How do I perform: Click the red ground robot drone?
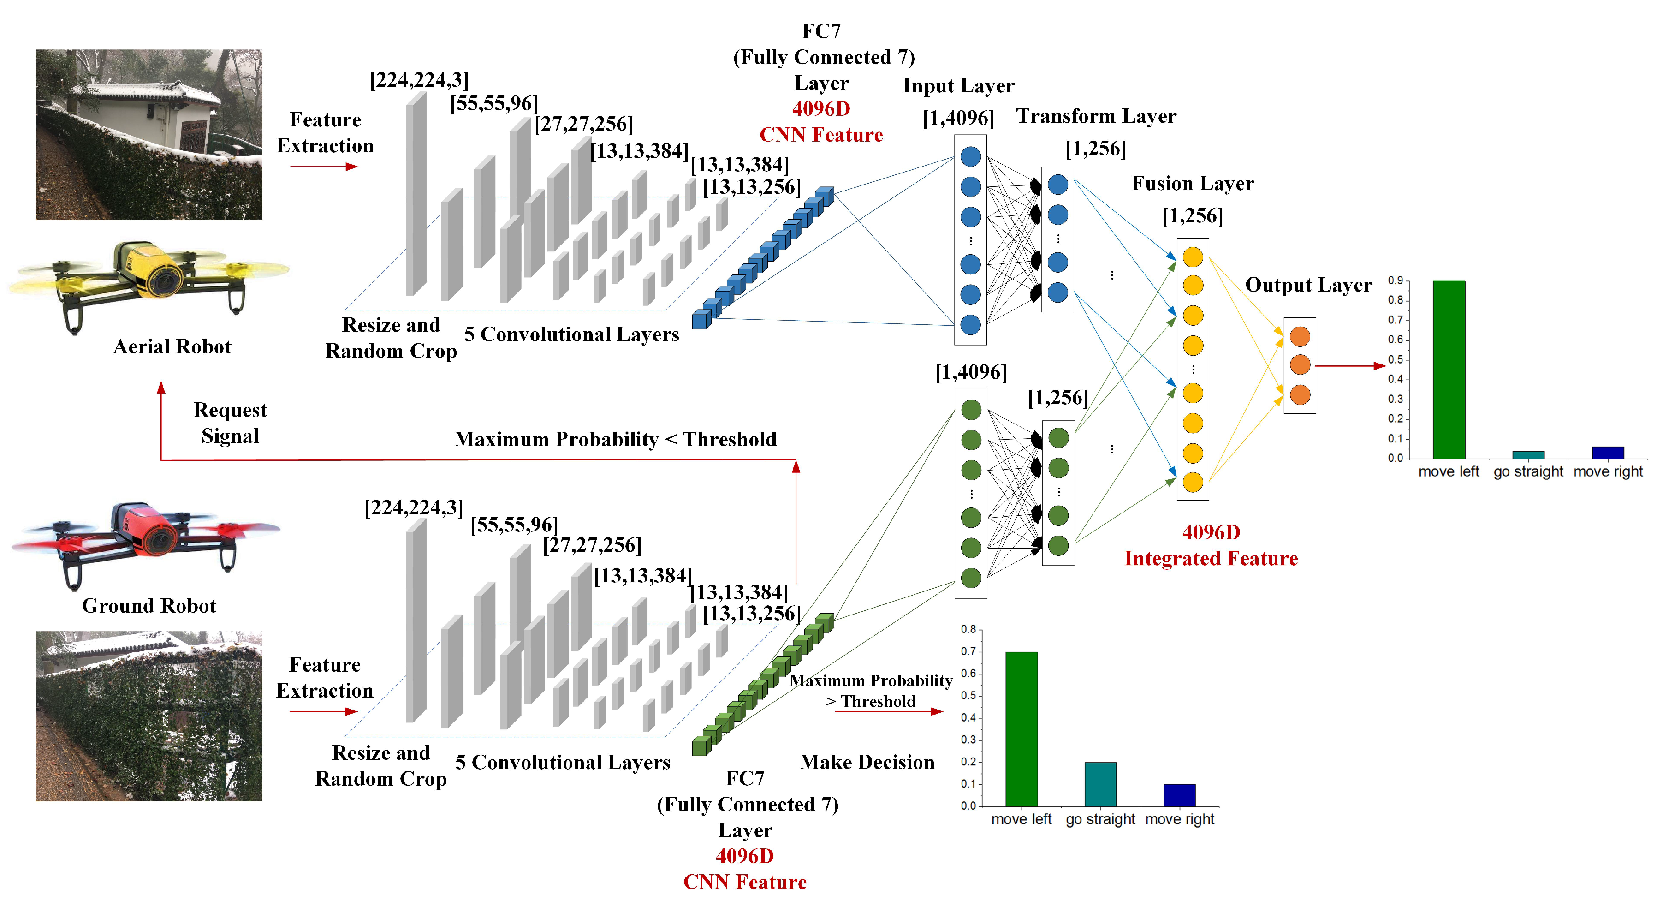[x=146, y=539]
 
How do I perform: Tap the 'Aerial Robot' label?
[x=172, y=347]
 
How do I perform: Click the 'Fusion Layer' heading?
[x=1193, y=184]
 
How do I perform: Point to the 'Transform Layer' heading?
[x=1096, y=116]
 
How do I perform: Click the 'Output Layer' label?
[x=1308, y=285]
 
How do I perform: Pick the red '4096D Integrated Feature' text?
[x=1211, y=546]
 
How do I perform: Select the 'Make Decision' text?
[x=867, y=762]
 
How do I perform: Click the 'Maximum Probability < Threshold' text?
[x=615, y=439]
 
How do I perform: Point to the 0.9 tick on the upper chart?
[x=1395, y=280]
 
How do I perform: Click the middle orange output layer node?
[x=1300, y=365]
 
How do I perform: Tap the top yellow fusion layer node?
[x=1193, y=257]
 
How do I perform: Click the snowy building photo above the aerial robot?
[x=148, y=134]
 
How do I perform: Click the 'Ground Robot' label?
[x=148, y=606]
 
